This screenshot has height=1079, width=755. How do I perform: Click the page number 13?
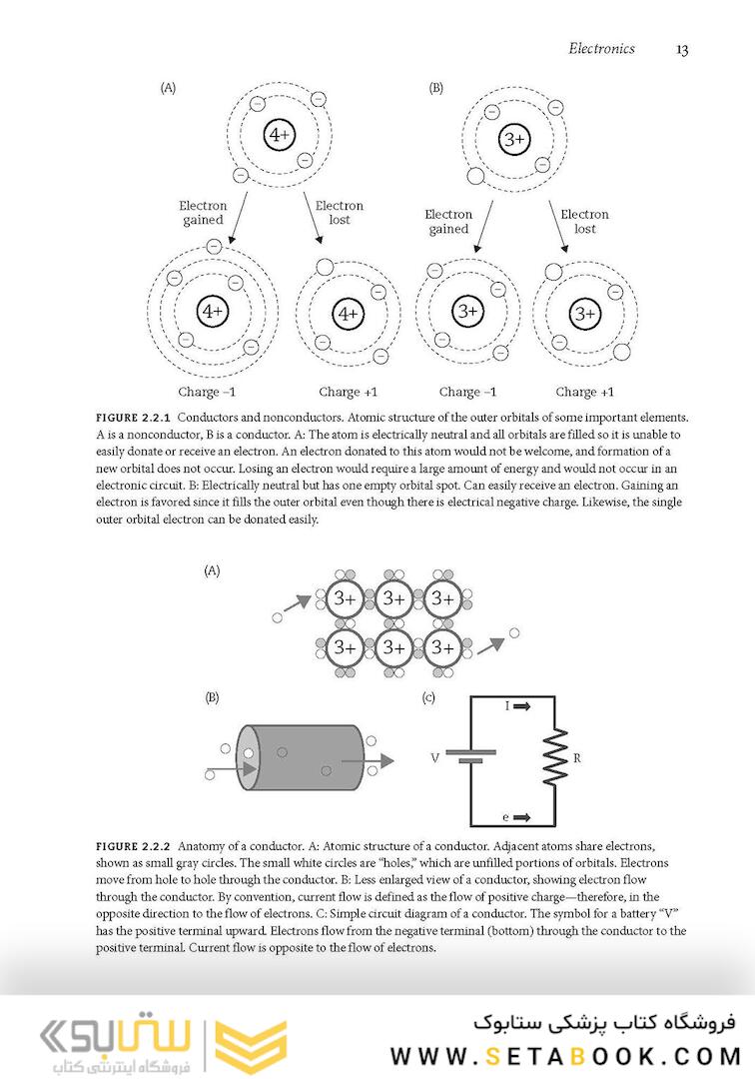(x=682, y=49)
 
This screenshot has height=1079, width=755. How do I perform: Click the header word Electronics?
(x=601, y=48)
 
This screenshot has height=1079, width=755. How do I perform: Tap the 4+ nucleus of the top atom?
(x=279, y=135)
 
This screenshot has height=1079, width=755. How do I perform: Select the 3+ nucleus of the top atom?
(x=514, y=140)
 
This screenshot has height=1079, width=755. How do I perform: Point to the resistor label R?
(x=576, y=758)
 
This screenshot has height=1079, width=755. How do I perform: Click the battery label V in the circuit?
(x=435, y=758)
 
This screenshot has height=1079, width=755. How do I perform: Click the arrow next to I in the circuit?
(x=523, y=705)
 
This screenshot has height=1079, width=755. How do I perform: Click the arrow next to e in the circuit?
(x=523, y=818)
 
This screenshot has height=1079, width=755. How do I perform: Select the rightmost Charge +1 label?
(x=584, y=392)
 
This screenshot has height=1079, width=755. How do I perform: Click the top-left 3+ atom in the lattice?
(x=345, y=599)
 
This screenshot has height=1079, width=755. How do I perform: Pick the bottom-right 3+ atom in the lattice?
(x=442, y=646)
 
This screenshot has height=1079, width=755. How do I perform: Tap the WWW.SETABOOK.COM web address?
(x=565, y=1055)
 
